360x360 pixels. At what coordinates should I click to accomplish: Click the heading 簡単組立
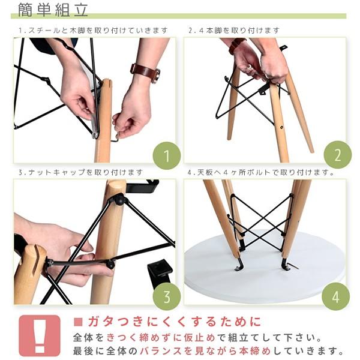click(x=53, y=10)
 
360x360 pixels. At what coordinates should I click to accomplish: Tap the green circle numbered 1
click(x=167, y=156)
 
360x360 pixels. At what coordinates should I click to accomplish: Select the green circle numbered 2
click(x=337, y=155)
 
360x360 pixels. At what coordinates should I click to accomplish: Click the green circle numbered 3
click(x=167, y=296)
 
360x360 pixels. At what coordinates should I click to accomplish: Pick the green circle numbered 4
click(x=335, y=296)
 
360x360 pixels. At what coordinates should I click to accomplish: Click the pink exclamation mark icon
click(x=40, y=335)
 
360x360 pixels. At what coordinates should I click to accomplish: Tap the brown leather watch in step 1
click(x=145, y=73)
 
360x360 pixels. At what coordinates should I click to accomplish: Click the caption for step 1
click(x=93, y=31)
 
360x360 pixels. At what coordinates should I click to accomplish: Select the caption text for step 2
click(x=234, y=31)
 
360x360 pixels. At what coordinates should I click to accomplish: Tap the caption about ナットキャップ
click(x=81, y=172)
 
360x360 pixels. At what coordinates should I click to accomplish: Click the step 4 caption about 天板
click(x=261, y=172)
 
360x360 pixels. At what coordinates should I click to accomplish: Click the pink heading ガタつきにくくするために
click(x=174, y=322)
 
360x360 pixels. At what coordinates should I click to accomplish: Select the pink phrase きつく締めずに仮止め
click(x=161, y=337)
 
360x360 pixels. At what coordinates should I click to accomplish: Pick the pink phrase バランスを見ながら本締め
click(x=205, y=351)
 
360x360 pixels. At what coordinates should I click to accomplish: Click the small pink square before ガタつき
click(x=78, y=322)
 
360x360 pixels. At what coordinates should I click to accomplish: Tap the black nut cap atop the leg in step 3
click(x=119, y=200)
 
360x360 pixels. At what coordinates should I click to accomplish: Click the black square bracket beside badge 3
click(x=160, y=272)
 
